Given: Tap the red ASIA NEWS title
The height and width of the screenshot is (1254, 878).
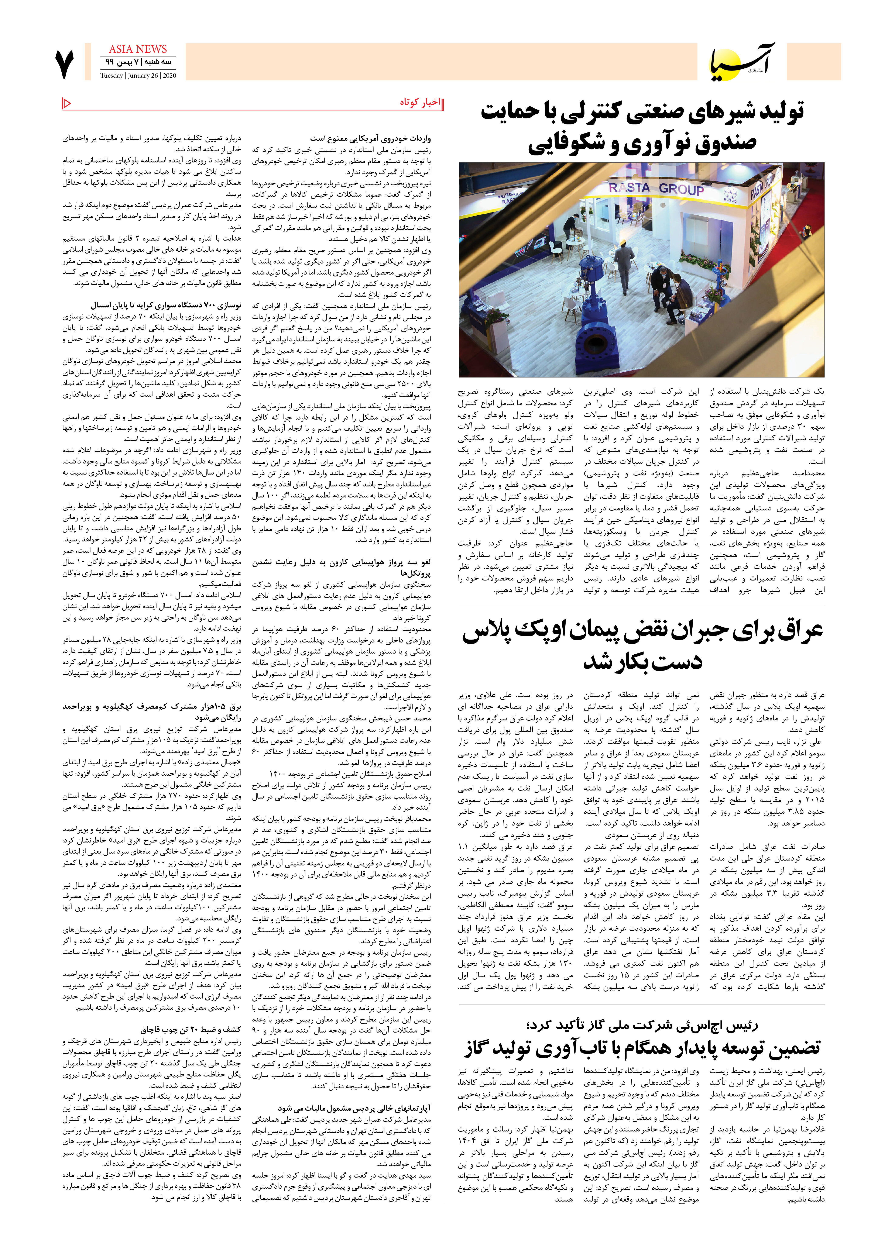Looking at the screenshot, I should click(138, 49).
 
